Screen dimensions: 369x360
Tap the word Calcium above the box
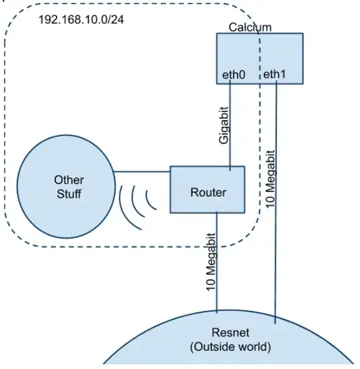tap(250, 27)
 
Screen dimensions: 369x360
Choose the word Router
tap(208, 193)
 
